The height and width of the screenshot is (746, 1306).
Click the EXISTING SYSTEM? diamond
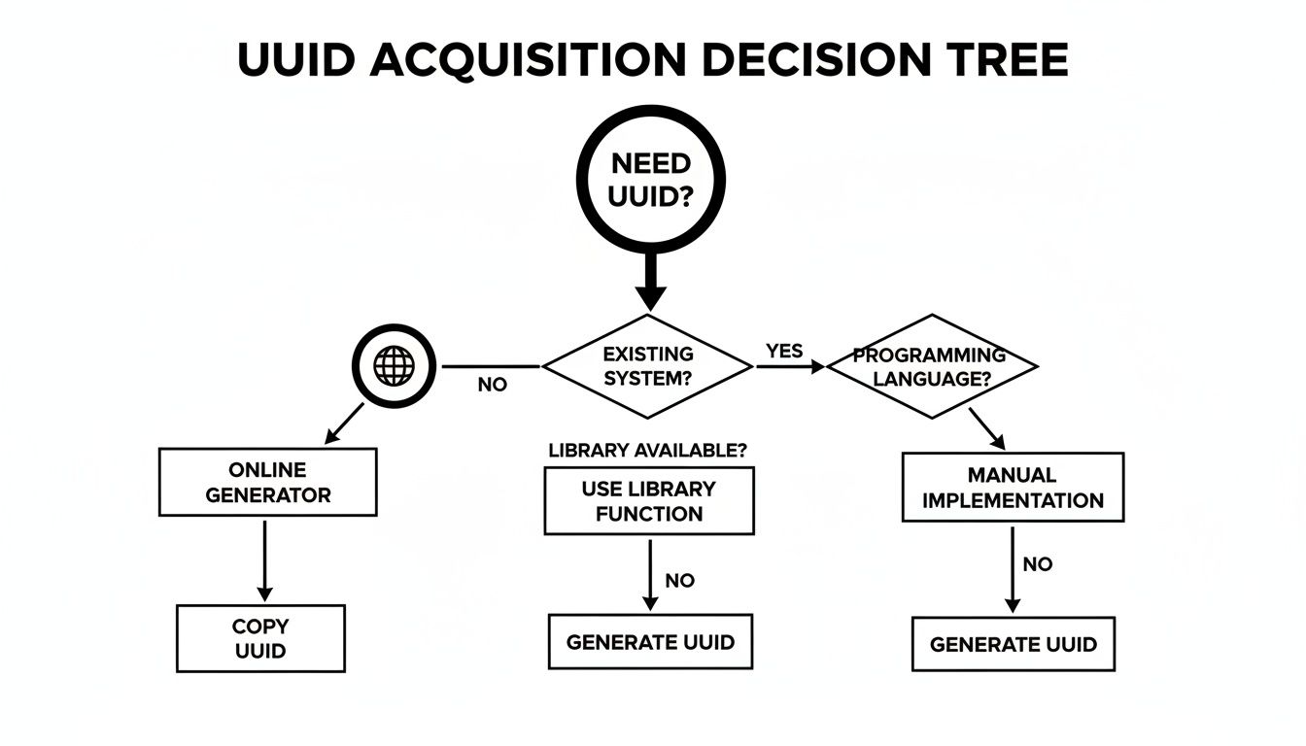(x=647, y=366)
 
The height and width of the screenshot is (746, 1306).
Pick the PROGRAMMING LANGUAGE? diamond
(x=931, y=366)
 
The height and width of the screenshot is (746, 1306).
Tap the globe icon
(x=394, y=366)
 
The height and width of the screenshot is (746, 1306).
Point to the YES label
(x=784, y=351)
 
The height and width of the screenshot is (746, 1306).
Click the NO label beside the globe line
(x=493, y=385)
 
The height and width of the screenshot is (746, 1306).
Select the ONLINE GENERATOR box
(x=267, y=482)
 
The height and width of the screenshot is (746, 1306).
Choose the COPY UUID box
(x=260, y=638)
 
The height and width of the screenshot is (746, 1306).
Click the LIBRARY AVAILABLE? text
(x=648, y=451)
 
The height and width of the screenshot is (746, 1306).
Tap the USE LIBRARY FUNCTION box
(x=648, y=500)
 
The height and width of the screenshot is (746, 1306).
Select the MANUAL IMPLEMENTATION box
(x=1013, y=488)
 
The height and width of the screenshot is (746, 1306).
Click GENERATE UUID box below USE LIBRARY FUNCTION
(x=650, y=642)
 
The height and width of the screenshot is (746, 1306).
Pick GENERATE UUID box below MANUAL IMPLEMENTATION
(x=1013, y=644)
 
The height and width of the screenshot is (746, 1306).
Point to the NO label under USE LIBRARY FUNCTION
(x=679, y=581)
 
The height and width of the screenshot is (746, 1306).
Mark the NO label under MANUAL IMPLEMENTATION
(x=1038, y=564)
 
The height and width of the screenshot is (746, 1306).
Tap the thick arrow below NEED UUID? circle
(x=650, y=282)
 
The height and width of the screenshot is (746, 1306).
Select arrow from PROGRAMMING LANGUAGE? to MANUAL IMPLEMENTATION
(x=986, y=427)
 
